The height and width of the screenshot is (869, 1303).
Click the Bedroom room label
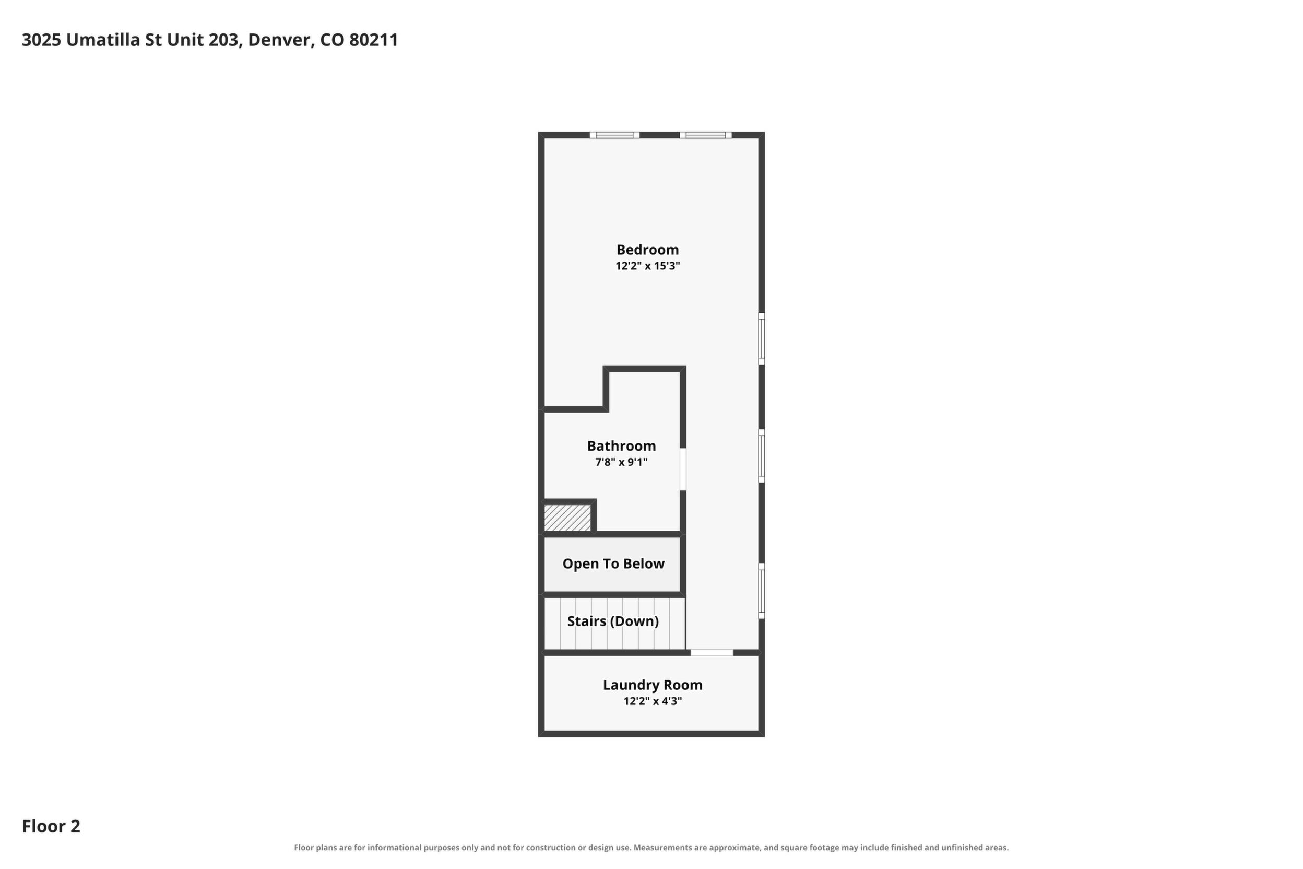(647, 250)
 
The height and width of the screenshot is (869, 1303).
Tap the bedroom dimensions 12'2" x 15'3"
(647, 266)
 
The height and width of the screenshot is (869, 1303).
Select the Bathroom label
(621, 446)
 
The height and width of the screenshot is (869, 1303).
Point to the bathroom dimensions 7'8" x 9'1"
(621, 462)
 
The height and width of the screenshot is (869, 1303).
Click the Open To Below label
(613, 564)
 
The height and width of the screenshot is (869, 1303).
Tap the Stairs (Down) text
(613, 621)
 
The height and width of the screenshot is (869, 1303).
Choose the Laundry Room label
(653, 686)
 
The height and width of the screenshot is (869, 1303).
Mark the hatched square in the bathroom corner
(567, 518)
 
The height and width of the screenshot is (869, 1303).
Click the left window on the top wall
(614, 135)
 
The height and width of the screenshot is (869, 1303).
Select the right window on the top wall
(705, 135)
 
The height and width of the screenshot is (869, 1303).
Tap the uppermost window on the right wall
(762, 338)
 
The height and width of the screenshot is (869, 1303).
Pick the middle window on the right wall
(762, 455)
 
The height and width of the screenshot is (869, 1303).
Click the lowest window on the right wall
(762, 591)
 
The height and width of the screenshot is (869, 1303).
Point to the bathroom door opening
(683, 469)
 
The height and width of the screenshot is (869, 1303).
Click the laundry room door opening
(712, 653)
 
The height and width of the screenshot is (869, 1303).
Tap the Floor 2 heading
(51, 826)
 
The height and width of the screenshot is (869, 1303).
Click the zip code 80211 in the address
(373, 40)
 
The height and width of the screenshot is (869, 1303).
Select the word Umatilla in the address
(103, 40)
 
